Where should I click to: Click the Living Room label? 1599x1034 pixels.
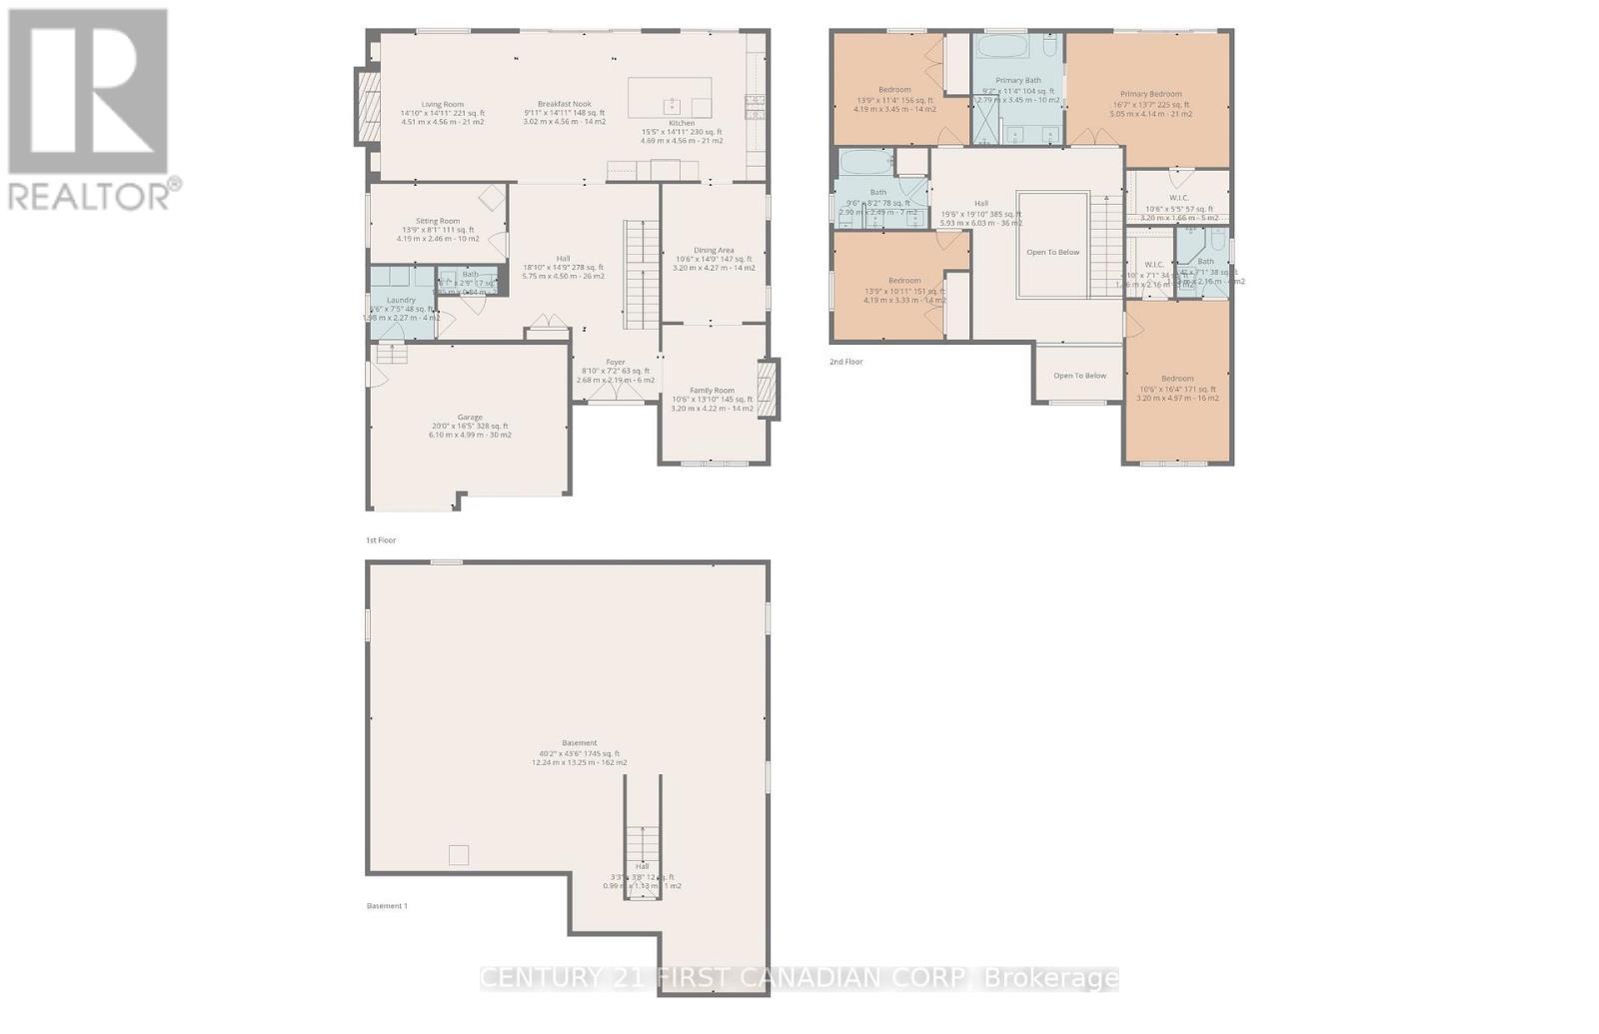[442, 104]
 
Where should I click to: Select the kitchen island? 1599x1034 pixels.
[670, 98]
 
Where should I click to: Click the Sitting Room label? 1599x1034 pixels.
[438, 221]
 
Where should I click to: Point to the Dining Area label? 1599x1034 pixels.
[714, 251]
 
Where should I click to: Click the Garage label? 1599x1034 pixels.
[470, 418]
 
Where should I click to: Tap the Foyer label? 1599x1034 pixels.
[616, 363]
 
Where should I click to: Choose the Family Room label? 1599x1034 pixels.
[712, 391]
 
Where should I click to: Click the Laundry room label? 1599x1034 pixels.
[401, 300]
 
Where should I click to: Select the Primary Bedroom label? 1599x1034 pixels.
[1150, 94]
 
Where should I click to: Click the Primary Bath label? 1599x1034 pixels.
[1018, 80]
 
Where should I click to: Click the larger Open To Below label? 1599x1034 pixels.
[1053, 252]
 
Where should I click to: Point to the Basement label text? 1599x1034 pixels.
[580, 743]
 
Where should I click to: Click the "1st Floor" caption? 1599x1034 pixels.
[381, 540]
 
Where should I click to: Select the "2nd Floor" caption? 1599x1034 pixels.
[845, 362]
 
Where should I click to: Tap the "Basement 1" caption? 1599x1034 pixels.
[387, 906]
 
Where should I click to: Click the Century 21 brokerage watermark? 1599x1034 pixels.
[799, 978]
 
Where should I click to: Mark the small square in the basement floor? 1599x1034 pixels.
[458, 855]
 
